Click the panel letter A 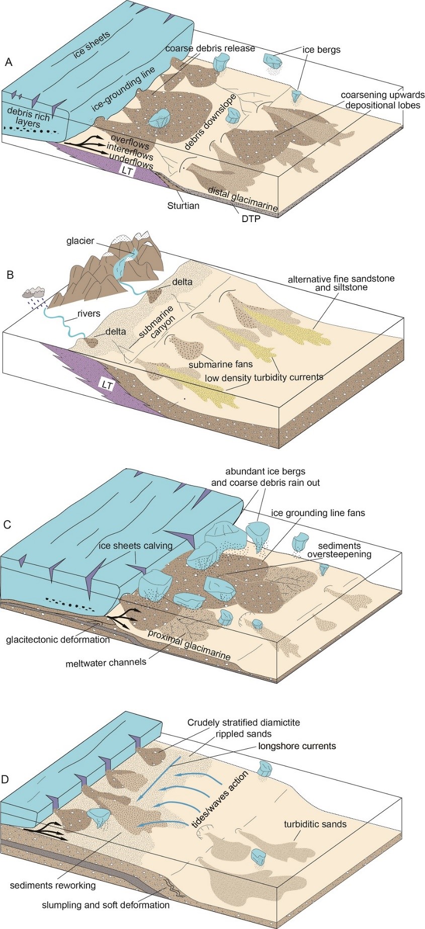click(x=8, y=62)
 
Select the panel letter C click(x=8, y=524)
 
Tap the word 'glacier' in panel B click(x=80, y=241)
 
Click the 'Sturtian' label click(x=184, y=205)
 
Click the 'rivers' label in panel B click(x=89, y=314)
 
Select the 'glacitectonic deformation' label click(x=58, y=640)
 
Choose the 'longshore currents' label click(x=297, y=746)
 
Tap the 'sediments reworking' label click(x=52, y=885)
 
